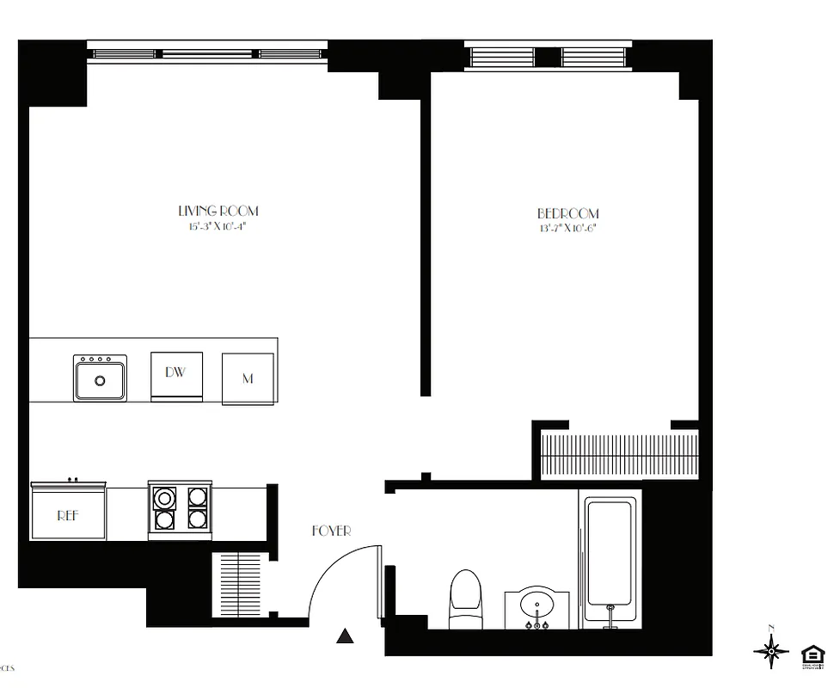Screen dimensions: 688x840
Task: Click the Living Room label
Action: (x=218, y=211)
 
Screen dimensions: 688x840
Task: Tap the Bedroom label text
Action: (x=568, y=213)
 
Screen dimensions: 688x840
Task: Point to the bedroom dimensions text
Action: (x=568, y=229)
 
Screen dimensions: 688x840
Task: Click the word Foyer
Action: (x=331, y=531)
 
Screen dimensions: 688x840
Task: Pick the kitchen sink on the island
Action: (x=100, y=378)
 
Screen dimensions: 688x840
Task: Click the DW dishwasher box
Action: (x=176, y=375)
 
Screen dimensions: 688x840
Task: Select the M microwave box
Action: (x=248, y=378)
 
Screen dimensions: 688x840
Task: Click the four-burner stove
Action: (x=181, y=508)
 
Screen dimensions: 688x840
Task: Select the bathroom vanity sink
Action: (x=537, y=606)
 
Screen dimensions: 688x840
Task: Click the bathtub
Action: (x=610, y=559)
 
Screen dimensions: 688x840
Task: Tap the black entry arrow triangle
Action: (x=345, y=636)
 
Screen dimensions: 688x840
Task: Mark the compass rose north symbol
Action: (x=771, y=651)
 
